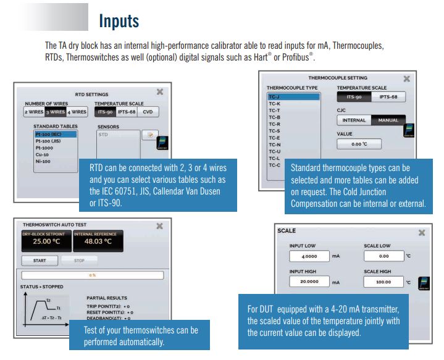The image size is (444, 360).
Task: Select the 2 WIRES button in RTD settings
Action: (35, 112)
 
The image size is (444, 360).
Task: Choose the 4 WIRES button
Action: (78, 112)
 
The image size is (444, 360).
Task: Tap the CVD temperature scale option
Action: (148, 112)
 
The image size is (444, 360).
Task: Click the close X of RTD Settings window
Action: (159, 92)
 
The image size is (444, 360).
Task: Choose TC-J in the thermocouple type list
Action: (275, 97)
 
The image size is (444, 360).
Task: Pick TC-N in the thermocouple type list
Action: (275, 144)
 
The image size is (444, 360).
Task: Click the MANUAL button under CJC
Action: (388, 120)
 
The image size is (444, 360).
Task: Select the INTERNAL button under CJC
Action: (354, 120)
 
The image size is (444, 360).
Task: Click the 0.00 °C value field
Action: (359, 144)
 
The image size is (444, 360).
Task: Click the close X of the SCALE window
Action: (422, 233)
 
